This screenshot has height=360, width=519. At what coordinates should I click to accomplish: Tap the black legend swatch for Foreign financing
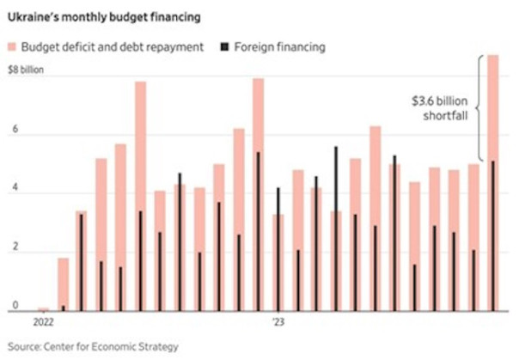pos(226,47)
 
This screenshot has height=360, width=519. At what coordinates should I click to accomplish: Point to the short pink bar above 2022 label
pos(43,308)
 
